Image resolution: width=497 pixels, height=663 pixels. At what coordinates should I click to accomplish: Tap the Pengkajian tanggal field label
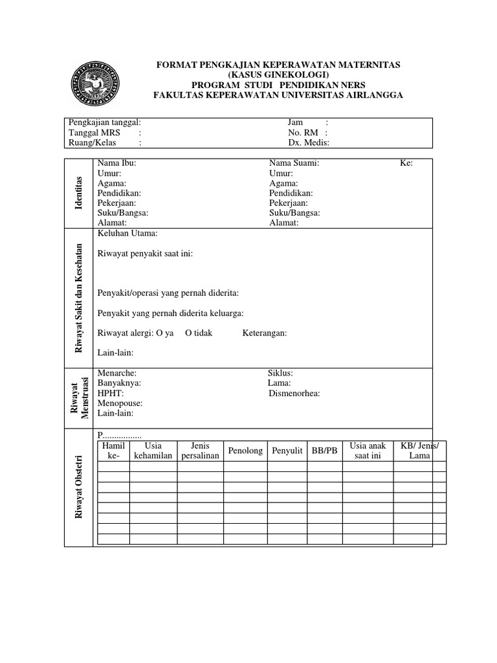104,122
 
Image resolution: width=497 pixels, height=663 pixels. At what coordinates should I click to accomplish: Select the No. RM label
304,133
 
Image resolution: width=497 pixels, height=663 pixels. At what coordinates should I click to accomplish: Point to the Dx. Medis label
309,143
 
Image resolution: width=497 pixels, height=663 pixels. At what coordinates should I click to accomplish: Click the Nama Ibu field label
116,164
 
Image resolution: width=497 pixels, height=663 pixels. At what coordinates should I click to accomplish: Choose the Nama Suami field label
294,164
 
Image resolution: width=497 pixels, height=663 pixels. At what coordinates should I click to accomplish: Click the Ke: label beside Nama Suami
406,164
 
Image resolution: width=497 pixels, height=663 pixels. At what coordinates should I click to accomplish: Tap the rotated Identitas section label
80,192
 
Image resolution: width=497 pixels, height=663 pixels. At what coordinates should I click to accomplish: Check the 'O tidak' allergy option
199,333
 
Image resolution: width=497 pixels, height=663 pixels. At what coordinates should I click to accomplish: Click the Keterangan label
265,333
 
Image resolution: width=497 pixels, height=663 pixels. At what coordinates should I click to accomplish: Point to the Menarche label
116,374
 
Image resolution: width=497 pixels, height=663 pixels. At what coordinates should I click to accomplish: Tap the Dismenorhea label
294,393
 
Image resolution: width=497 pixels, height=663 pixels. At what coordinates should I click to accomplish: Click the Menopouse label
120,403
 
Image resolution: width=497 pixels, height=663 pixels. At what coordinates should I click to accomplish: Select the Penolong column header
245,451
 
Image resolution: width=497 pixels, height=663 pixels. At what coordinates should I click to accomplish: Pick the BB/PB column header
325,451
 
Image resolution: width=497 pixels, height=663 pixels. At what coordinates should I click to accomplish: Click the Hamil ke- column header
113,451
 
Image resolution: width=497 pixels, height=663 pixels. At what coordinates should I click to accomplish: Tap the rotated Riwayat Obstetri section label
80,488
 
